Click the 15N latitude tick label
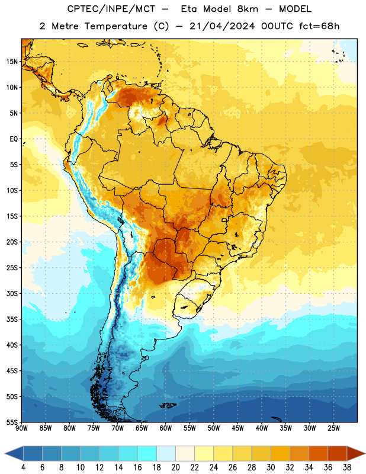click(x=12, y=62)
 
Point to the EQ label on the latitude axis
click(x=14, y=139)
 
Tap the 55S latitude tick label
click(x=12, y=422)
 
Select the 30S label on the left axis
click(x=12, y=293)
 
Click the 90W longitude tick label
click(x=21, y=428)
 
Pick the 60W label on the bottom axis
click(x=166, y=428)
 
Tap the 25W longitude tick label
click(x=333, y=428)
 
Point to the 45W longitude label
click(x=237, y=428)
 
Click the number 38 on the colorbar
click(x=347, y=467)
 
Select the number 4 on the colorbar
click(x=23, y=467)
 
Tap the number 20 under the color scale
click(x=175, y=467)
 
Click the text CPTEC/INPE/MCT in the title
click(x=111, y=9)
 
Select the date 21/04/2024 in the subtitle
click(x=222, y=26)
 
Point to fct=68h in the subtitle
click(x=319, y=26)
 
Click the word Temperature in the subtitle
click(x=115, y=27)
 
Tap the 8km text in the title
click(x=248, y=9)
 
